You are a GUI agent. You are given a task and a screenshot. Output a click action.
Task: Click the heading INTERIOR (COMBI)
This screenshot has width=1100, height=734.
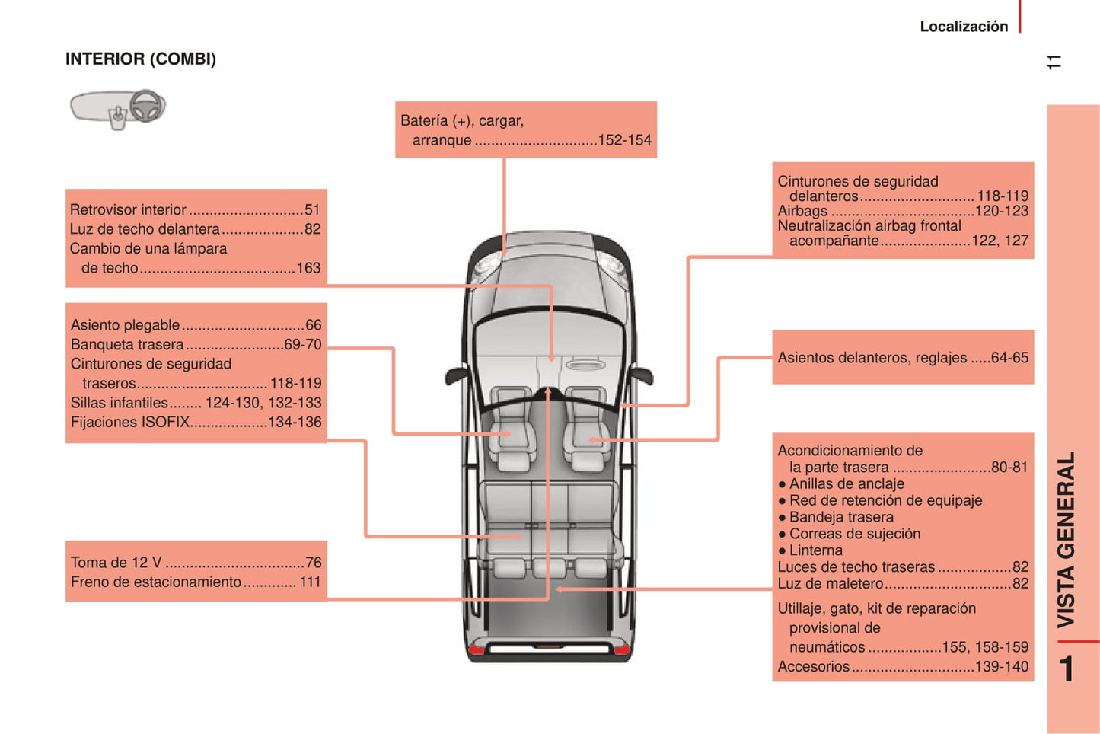pos(141,59)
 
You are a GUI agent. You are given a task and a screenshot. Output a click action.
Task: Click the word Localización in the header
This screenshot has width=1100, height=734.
pos(963,27)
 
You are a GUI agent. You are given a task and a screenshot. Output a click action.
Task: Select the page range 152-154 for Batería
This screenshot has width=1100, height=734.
pos(624,140)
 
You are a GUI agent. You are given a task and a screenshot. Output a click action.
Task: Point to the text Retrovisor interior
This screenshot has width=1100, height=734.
pos(128,209)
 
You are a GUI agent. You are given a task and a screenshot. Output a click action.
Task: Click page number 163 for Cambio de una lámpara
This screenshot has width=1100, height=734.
pos(308,268)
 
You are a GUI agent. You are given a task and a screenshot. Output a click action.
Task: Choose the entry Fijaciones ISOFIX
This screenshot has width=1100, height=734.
pos(130,422)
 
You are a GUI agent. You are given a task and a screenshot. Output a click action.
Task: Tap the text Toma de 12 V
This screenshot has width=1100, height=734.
pos(116,563)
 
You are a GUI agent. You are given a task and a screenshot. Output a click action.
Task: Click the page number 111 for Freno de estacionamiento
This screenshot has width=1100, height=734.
pos(310,582)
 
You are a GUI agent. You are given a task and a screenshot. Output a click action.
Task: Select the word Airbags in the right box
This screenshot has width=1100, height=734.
pos(802,211)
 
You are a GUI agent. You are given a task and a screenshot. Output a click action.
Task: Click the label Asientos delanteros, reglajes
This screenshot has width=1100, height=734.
pos(872,358)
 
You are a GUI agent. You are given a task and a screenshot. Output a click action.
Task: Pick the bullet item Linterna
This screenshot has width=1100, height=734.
pos(815,550)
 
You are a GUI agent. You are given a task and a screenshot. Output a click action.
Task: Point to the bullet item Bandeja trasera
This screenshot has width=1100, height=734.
pos(841,517)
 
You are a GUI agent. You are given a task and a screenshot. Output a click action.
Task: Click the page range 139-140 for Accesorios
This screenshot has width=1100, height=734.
pos(1001,667)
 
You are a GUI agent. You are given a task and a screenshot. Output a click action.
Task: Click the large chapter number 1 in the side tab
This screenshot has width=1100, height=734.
pos(1067,669)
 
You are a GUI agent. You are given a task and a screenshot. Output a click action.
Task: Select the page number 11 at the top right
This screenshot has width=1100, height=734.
pos(1054,62)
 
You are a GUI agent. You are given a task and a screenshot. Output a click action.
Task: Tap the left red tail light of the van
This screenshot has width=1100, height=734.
pos(477,649)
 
